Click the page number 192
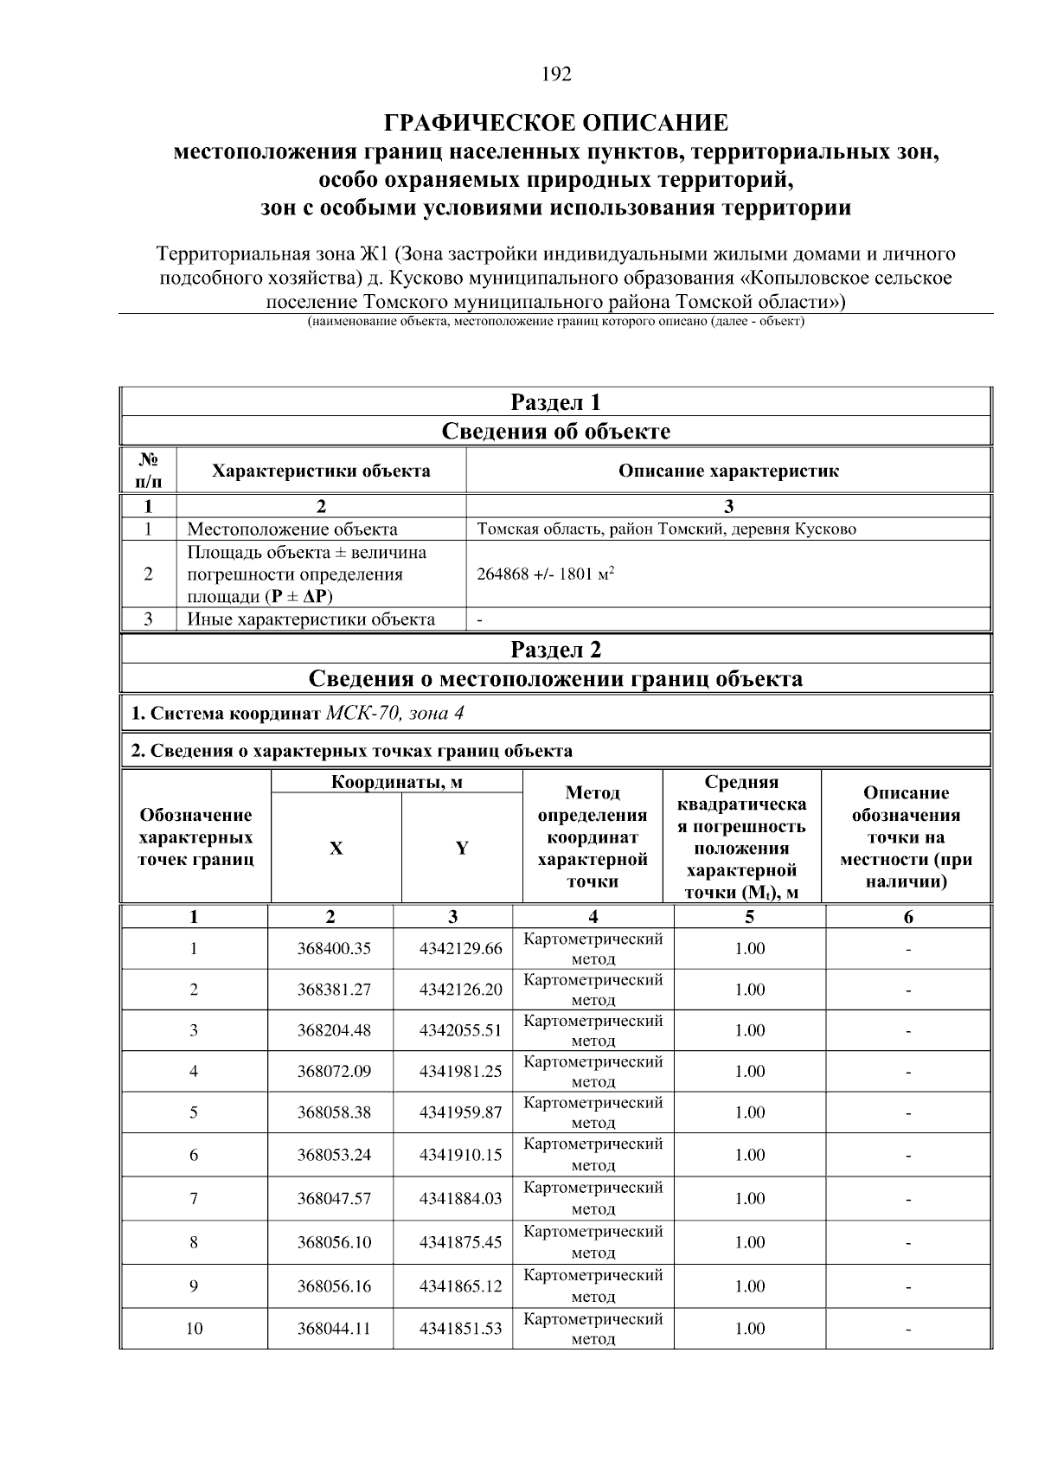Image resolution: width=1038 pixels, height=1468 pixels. pyautogui.click(x=556, y=74)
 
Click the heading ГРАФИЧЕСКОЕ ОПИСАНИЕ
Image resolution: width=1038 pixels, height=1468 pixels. pyautogui.click(x=556, y=122)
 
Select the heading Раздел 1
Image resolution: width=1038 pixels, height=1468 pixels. pyautogui.click(x=555, y=402)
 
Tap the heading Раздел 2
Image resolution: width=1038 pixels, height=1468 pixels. pyautogui.click(x=555, y=650)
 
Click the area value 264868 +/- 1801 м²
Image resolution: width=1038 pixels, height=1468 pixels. pyautogui.click(x=545, y=574)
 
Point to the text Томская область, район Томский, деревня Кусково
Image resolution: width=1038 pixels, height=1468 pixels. pyautogui.click(x=666, y=529)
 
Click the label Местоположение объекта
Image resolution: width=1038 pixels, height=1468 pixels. pyautogui.click(x=292, y=529)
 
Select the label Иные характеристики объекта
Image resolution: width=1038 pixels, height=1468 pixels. pyautogui.click(x=311, y=619)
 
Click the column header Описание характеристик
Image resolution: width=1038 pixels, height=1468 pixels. pyautogui.click(x=727, y=471)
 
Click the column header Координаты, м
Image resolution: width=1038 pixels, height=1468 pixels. pyautogui.click(x=397, y=782)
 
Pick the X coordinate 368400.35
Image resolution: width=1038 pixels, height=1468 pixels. pyautogui.click(x=334, y=949)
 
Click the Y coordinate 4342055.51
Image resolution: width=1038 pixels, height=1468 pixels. pyautogui.click(x=460, y=1030)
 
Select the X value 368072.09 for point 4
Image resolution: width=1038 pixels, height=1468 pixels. pyautogui.click(x=334, y=1072)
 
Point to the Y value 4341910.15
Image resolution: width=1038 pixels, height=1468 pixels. pyautogui.click(x=460, y=1155)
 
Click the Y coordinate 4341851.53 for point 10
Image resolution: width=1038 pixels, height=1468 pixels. pyautogui.click(x=460, y=1328)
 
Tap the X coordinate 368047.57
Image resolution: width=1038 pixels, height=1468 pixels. pyautogui.click(x=334, y=1198)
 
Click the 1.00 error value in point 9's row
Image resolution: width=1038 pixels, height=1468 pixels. pyautogui.click(x=749, y=1286)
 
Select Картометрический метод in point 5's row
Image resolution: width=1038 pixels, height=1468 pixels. pyautogui.click(x=593, y=1112)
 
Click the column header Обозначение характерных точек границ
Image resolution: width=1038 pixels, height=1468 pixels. pyautogui.click(x=195, y=837)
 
